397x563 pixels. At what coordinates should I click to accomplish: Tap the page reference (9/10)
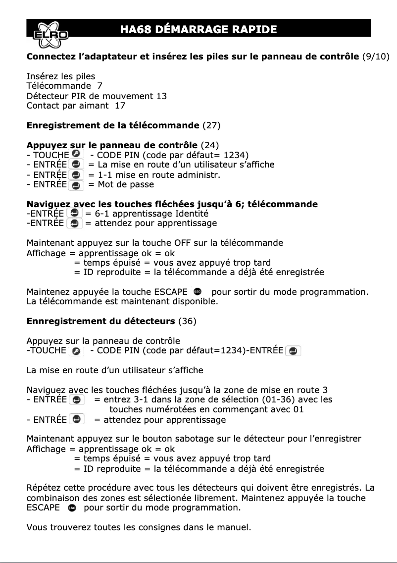point(376,56)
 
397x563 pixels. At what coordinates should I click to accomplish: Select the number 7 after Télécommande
point(100,86)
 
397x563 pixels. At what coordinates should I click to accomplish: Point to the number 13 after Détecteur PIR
point(161,96)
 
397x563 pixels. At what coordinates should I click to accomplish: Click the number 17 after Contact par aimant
point(120,106)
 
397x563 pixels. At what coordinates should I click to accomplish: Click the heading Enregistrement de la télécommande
point(113,125)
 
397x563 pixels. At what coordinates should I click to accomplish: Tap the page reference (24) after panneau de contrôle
point(209,145)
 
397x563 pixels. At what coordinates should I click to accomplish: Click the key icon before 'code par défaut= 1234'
point(76,155)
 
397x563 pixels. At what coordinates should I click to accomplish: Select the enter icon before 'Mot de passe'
point(76,185)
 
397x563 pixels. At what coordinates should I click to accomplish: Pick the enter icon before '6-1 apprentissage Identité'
point(74,213)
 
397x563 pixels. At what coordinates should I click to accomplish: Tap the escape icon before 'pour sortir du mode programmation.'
point(198,291)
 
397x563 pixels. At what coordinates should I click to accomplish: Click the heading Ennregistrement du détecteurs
point(100,321)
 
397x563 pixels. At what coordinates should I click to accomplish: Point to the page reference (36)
point(187,321)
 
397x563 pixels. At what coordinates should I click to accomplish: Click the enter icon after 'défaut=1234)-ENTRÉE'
point(293,351)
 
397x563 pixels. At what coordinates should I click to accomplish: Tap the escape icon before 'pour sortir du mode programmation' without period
point(72,508)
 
